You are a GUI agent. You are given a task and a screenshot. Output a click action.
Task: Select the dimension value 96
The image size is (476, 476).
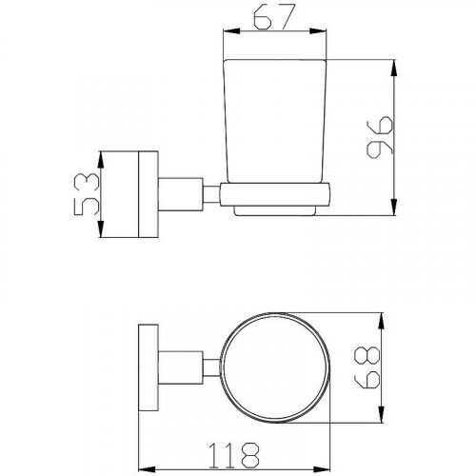pyautogui.click(x=380, y=137)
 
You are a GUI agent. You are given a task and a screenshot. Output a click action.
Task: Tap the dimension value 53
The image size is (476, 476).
pyautogui.click(x=87, y=194)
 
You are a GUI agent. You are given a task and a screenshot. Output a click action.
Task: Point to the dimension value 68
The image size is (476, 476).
pyautogui.click(x=367, y=367)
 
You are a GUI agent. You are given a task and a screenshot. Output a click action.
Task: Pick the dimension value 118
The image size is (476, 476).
pyautogui.click(x=234, y=455)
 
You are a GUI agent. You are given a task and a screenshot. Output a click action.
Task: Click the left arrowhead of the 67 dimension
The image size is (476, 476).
pyautogui.click(x=231, y=30)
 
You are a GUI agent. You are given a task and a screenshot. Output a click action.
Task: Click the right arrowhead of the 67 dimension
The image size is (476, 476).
pyautogui.click(x=318, y=30)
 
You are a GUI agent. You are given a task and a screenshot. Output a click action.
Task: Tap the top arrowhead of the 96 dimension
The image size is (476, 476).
pyautogui.click(x=394, y=68)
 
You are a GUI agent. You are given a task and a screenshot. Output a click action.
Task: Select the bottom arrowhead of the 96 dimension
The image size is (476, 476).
pyautogui.click(x=394, y=208)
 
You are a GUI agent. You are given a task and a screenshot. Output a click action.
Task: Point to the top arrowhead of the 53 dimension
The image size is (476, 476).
pyautogui.click(x=101, y=160)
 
